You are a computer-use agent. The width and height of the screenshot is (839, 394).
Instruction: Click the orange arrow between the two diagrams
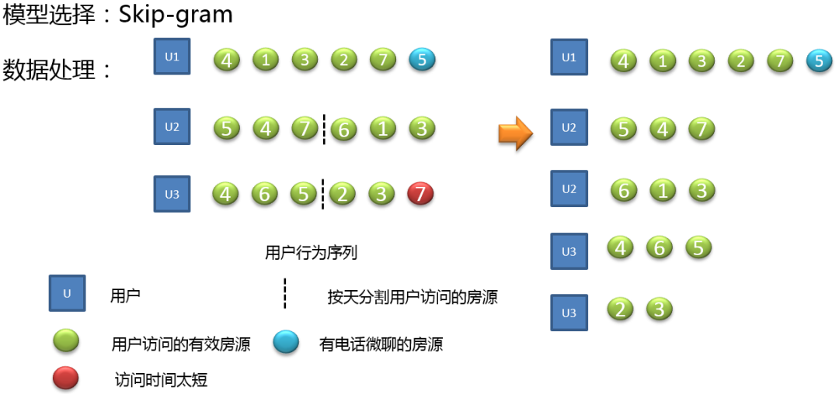[x=515, y=133]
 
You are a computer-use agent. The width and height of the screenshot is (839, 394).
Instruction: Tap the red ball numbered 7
[x=420, y=194]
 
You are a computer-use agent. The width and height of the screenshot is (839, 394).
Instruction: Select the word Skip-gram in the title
[x=176, y=16]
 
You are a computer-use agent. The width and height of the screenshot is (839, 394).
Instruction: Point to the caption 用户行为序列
[x=312, y=253]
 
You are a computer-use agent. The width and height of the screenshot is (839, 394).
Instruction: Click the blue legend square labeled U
[x=67, y=293]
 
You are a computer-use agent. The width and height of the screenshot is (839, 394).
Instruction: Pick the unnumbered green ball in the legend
[x=67, y=340]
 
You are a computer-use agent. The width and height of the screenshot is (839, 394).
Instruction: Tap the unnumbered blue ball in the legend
[x=286, y=342]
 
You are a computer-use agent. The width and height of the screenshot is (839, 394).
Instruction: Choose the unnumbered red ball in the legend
[x=66, y=378]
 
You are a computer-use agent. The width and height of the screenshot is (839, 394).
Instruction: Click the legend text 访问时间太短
[x=161, y=380]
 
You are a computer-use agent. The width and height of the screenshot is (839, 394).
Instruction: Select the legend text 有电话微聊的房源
[x=381, y=344]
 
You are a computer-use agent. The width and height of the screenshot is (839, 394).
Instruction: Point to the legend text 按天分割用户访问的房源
[x=413, y=296]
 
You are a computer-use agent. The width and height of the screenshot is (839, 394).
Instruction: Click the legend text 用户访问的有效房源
[x=181, y=344]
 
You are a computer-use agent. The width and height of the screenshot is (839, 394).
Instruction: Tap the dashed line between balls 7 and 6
[x=324, y=129]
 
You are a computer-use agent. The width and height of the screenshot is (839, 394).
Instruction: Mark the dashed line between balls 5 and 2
[x=322, y=194]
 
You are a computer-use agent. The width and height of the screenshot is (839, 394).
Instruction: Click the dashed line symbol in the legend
[x=284, y=293]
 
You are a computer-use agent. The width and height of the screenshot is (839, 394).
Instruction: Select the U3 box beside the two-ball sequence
[x=569, y=313]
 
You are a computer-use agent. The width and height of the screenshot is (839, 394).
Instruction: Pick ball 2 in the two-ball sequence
[x=620, y=309]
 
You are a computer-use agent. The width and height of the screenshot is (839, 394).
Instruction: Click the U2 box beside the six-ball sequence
[x=172, y=127]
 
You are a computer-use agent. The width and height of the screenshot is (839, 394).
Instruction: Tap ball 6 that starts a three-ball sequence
[x=623, y=190]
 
